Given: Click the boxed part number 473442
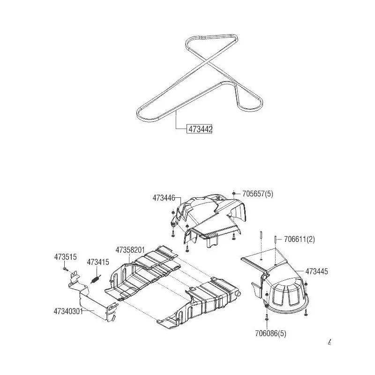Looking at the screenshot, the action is coord(200,129).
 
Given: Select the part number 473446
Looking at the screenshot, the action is coord(164,198).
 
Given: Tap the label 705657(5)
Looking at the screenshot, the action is coord(257,194).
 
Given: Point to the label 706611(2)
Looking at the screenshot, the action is coord(300,239).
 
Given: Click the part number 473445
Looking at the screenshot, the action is coord(316,271).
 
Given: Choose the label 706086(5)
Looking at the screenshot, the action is coord(271,333).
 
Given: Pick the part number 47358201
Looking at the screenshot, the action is coord(130,250).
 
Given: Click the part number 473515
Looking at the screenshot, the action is coord(65,257).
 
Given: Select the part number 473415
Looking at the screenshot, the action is coord(98,262).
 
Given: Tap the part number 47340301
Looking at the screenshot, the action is coord(68,311).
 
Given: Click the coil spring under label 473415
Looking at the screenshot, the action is coord(96,279).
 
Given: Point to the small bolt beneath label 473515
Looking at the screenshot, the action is coord(65,269).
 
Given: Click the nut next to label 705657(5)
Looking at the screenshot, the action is coord(233,193).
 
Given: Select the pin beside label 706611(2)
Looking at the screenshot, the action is coord(276,239).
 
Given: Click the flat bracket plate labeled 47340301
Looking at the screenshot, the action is coord(93,301).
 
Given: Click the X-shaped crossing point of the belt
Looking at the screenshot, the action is coord(206,62).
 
